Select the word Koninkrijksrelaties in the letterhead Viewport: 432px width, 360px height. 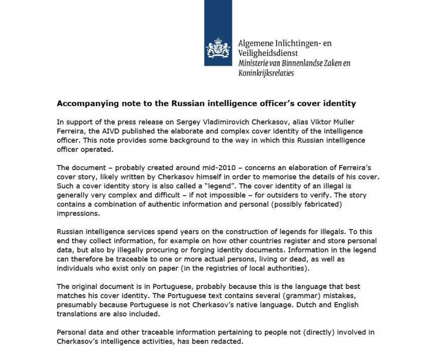[266, 73]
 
